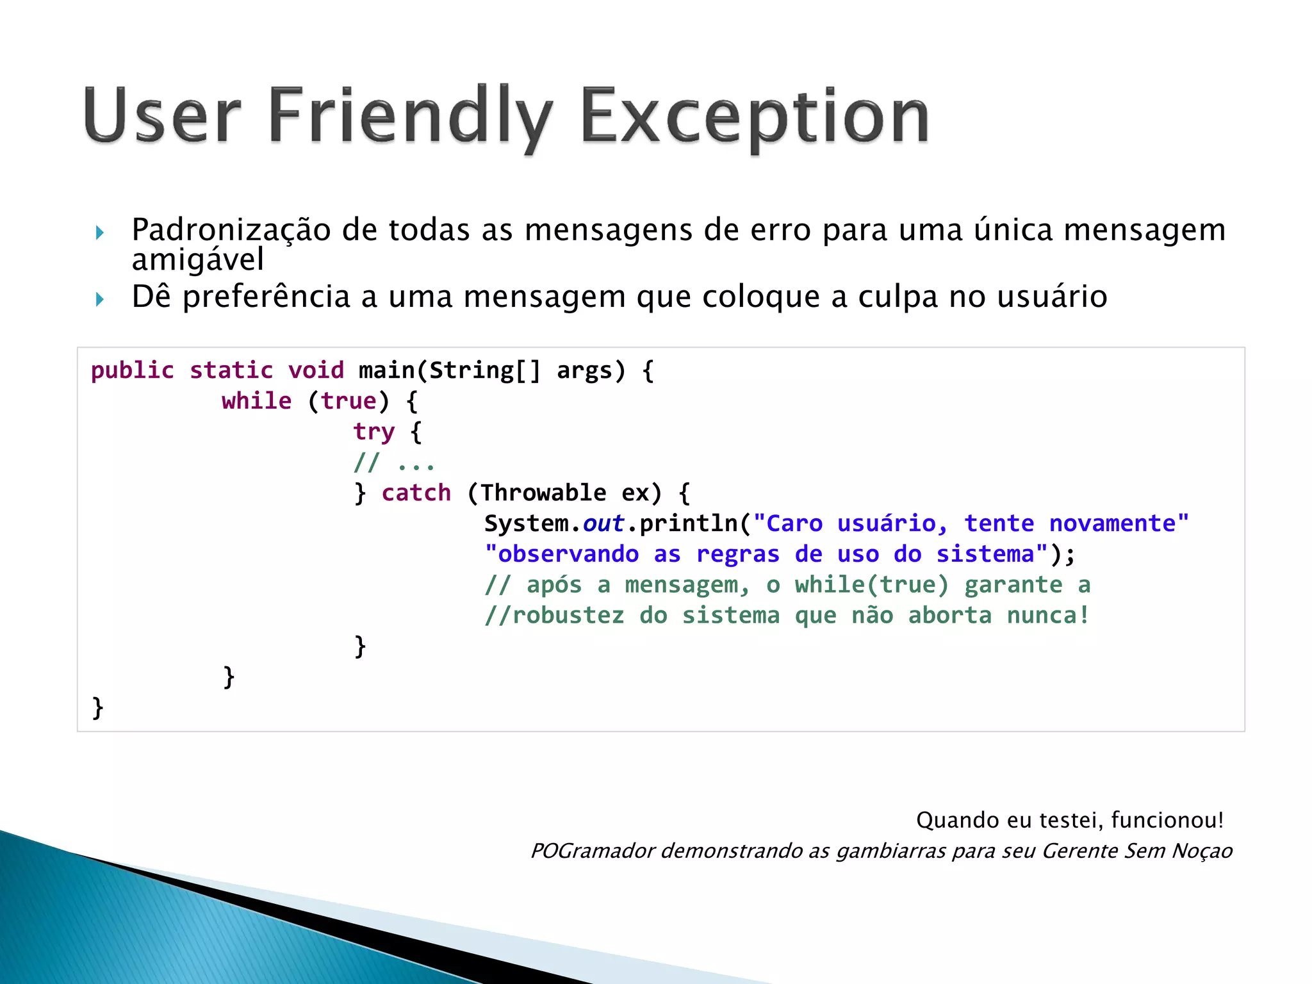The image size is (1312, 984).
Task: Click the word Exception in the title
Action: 755,117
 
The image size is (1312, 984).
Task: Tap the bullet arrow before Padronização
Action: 100,233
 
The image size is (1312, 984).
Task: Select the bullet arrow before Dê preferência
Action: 100,299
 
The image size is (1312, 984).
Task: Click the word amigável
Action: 197,260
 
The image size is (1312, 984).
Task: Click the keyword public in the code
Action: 132,371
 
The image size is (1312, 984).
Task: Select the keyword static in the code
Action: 231,371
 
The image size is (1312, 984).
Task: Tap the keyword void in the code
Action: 316,371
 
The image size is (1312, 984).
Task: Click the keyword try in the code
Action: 373,432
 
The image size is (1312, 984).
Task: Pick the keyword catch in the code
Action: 416,493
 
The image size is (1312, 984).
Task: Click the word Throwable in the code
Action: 543,493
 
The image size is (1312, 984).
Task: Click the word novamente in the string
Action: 1112,524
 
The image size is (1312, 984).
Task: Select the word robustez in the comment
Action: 568,616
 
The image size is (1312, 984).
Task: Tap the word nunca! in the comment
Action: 1048,616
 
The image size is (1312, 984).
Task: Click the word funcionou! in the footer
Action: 1167,820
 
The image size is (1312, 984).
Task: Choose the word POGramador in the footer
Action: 593,851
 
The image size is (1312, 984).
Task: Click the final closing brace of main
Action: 97,708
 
